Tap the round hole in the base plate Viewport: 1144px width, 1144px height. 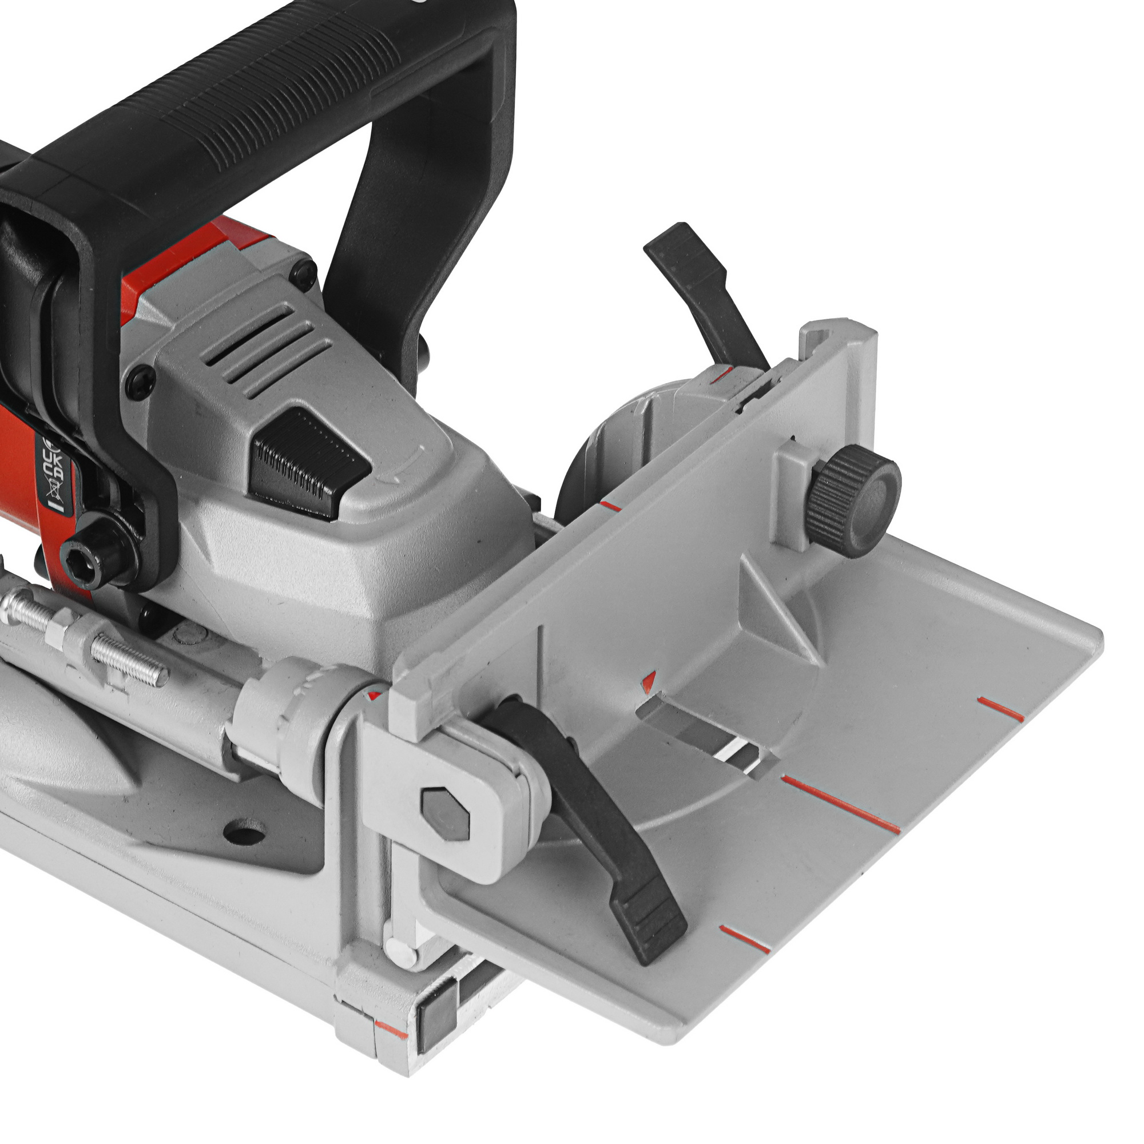[x=244, y=831]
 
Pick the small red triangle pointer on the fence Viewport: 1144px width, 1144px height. [x=650, y=680]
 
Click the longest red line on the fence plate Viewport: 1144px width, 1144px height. [x=841, y=804]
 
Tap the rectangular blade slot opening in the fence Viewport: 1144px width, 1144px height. [x=705, y=734]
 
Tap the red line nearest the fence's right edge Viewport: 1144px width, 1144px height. [x=1000, y=709]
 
